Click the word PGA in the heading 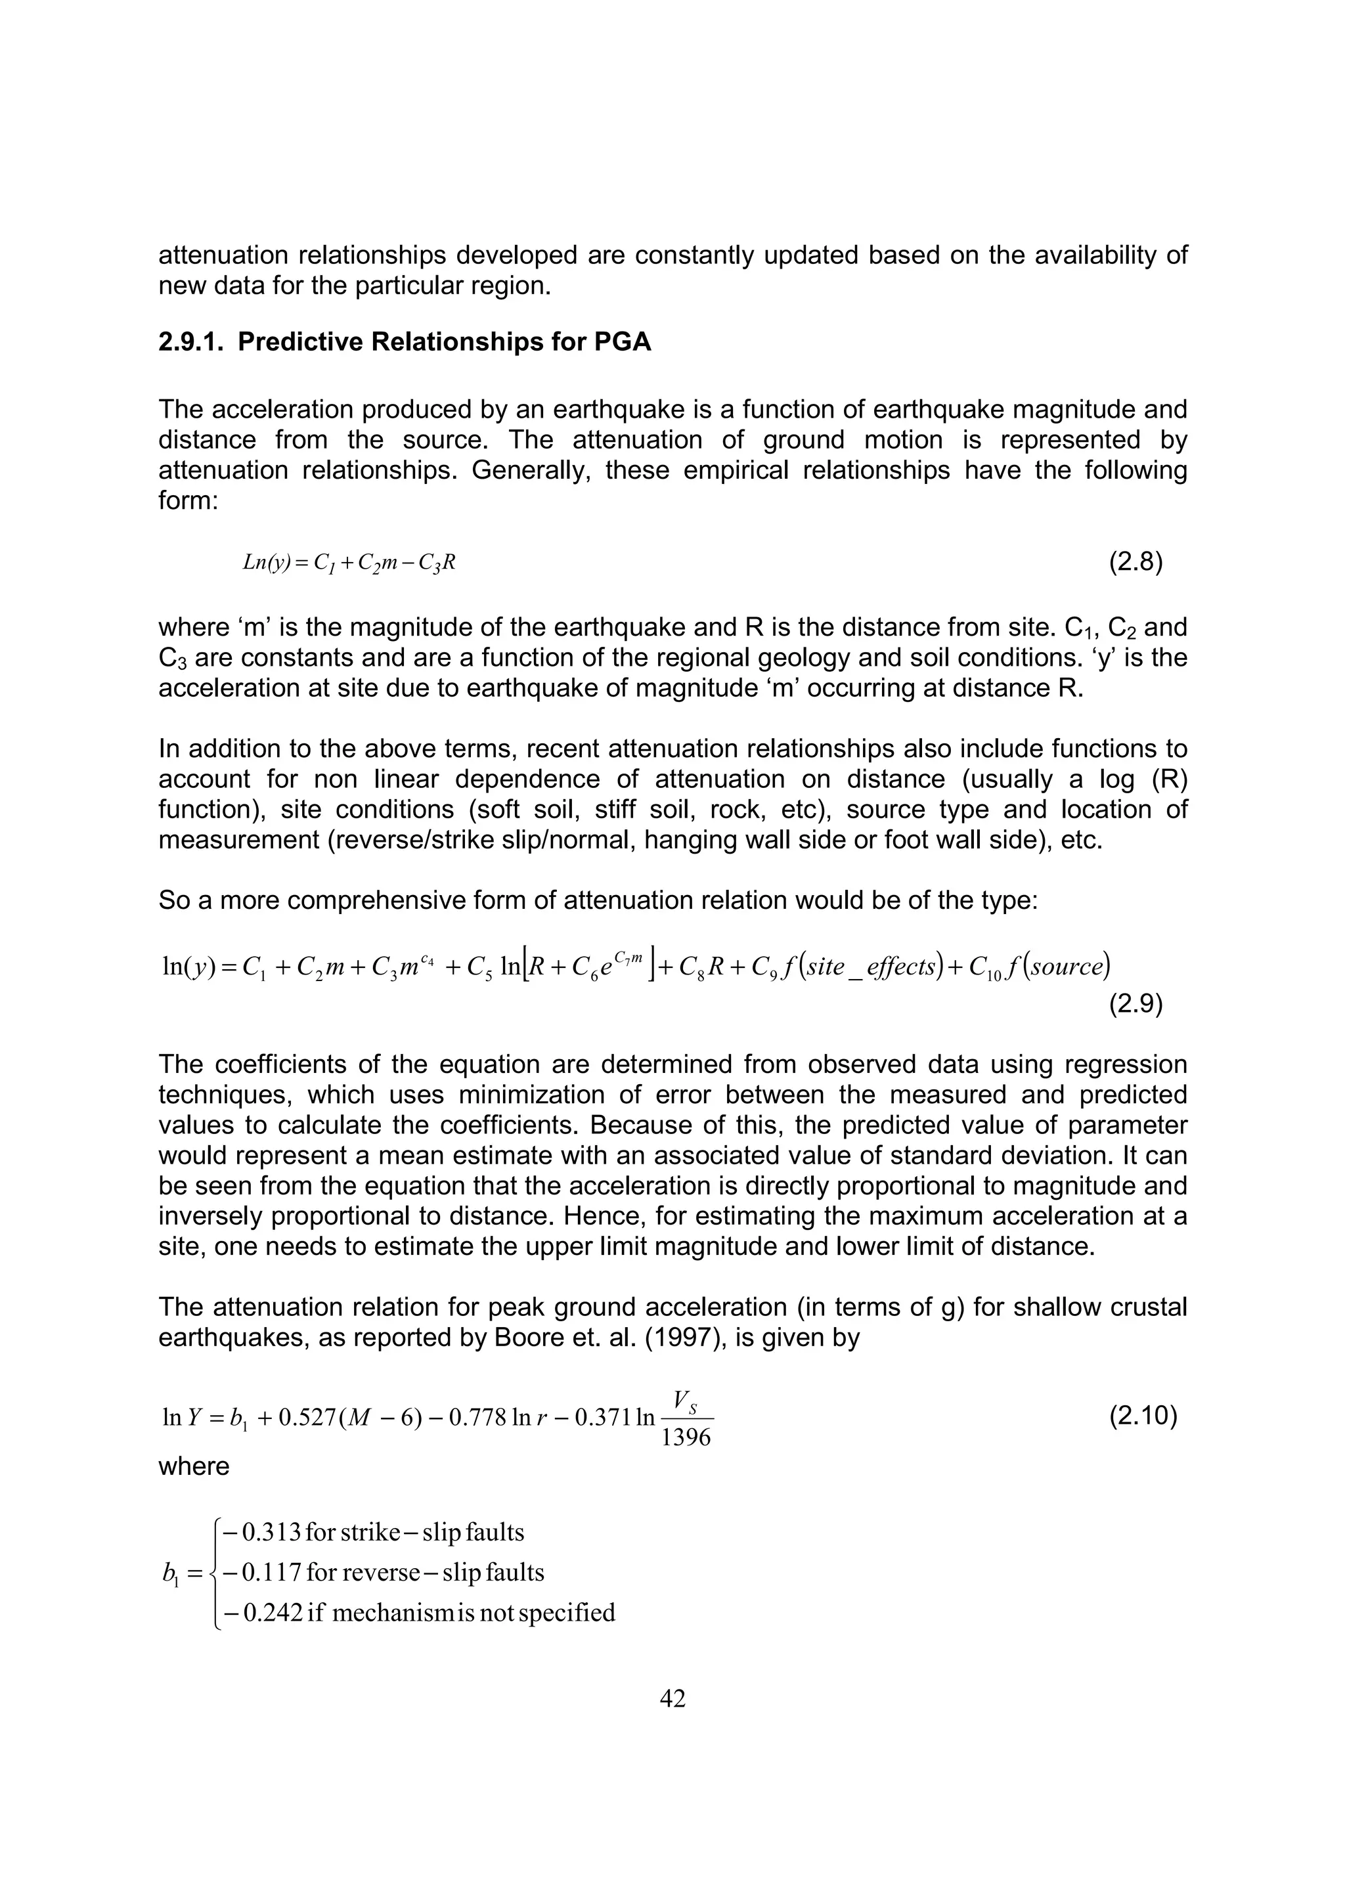(x=623, y=342)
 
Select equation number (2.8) (x=1136, y=563)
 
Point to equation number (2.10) (x=1143, y=1415)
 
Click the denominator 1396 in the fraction (x=686, y=1437)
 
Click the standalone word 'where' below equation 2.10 (x=194, y=1466)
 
